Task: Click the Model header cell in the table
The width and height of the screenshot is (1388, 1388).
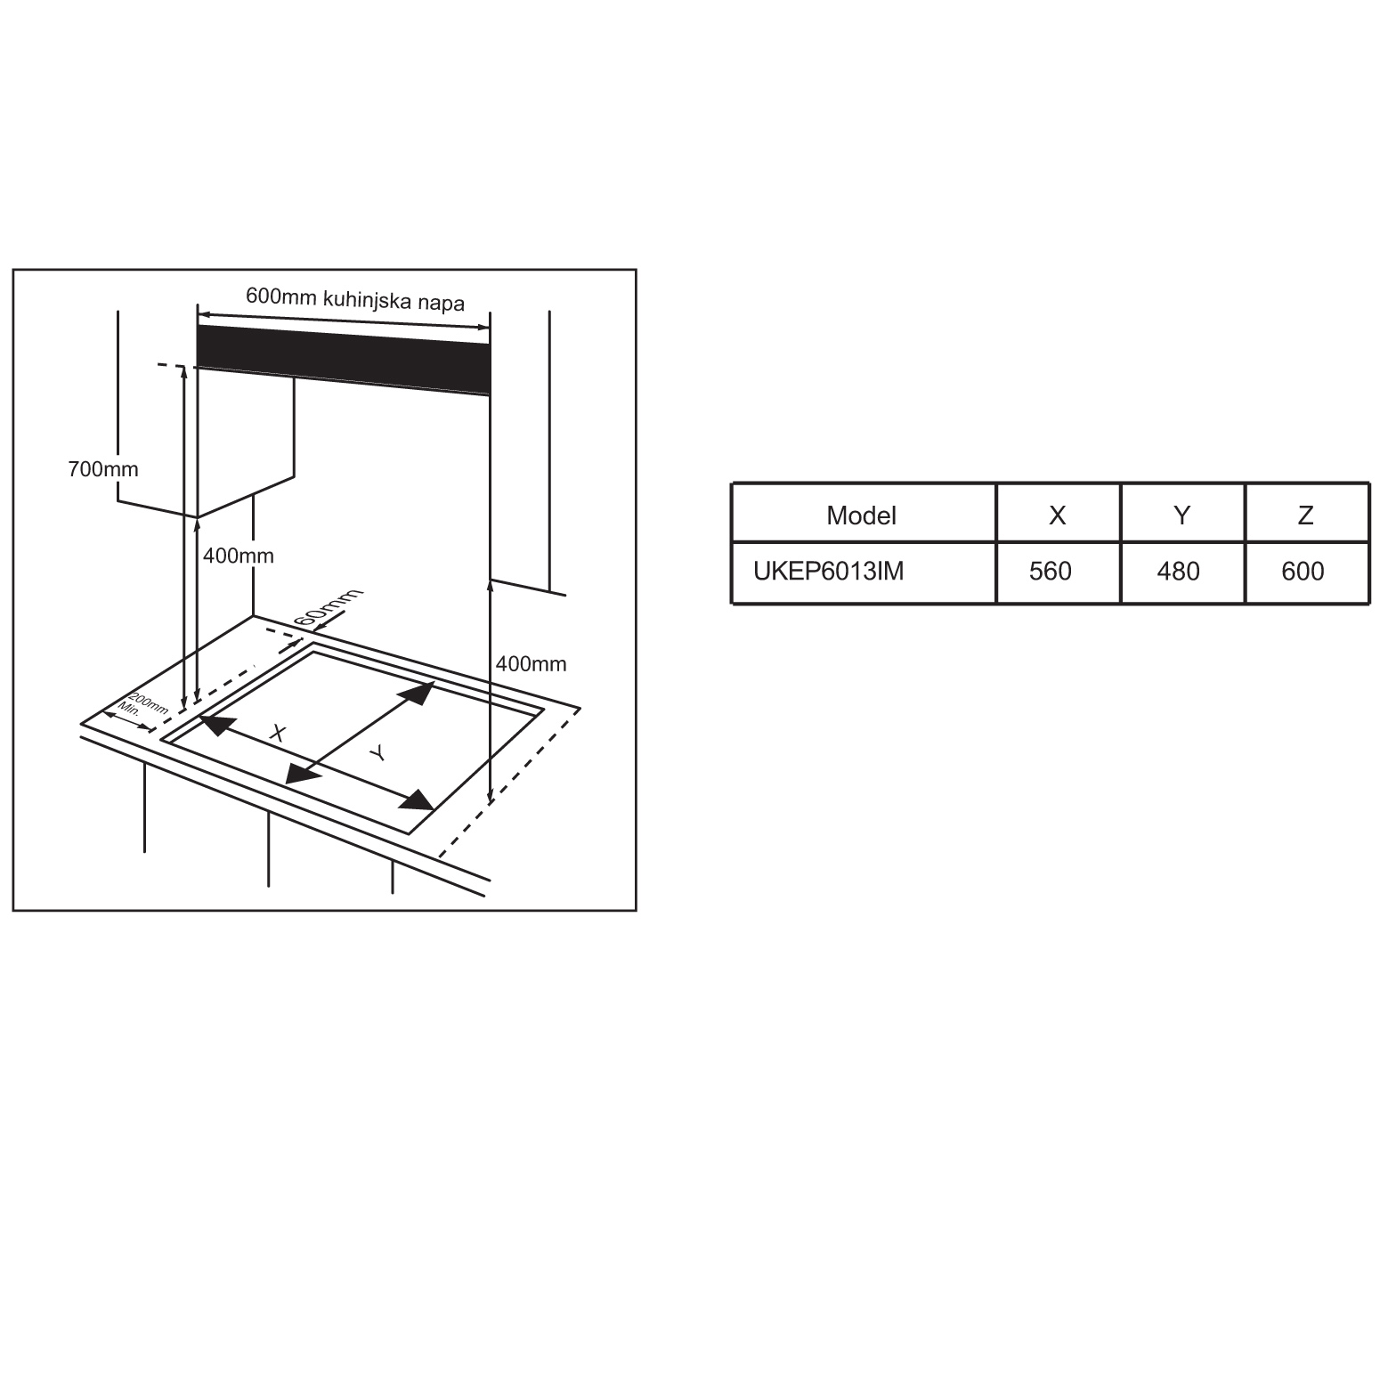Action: [x=861, y=515]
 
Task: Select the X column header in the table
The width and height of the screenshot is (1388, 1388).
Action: [x=1057, y=515]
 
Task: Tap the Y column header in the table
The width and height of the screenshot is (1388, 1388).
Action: [x=1181, y=515]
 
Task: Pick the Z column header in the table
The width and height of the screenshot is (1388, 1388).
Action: [x=1305, y=515]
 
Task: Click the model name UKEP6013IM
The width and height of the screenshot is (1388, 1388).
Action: [x=828, y=571]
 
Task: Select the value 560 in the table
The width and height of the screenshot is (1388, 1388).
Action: [x=1051, y=571]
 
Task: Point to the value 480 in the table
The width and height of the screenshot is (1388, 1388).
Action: [x=1178, y=571]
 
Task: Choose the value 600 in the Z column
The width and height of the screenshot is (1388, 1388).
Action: [x=1303, y=571]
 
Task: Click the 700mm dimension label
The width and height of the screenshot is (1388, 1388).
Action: [x=103, y=468]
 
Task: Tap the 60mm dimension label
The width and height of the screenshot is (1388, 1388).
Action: [x=328, y=609]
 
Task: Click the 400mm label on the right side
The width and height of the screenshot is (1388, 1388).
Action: [x=531, y=663]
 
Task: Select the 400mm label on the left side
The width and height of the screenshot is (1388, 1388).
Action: [x=239, y=556]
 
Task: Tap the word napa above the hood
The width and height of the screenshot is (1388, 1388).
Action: [x=441, y=304]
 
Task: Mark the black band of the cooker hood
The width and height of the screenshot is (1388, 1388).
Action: [x=343, y=359]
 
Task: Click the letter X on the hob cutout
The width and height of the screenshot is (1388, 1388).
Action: [x=279, y=733]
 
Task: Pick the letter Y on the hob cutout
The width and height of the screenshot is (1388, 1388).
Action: [x=378, y=753]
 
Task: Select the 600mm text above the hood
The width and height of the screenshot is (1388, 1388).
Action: [x=281, y=296]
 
